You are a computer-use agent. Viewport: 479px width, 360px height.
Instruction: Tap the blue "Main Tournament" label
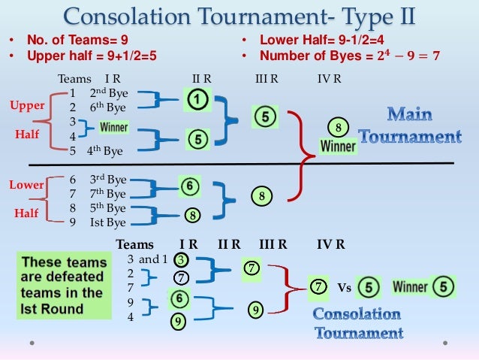[x=409, y=126]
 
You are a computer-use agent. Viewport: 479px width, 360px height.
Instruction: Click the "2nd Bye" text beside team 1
[x=108, y=93]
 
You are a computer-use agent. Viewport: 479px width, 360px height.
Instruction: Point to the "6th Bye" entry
[x=108, y=107]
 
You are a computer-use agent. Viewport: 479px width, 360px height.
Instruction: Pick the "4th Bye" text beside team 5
[x=103, y=150]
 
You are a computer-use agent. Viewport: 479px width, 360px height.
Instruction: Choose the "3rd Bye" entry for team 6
[x=107, y=180]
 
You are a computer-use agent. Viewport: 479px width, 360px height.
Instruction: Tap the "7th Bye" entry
[x=107, y=194]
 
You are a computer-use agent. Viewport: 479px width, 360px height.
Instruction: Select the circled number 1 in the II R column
[x=197, y=98]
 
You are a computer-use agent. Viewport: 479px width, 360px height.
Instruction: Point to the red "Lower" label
[x=26, y=184]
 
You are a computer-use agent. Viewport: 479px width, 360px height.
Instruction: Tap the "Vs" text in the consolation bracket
[x=345, y=287]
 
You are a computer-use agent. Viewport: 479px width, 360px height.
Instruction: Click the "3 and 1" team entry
[x=143, y=259]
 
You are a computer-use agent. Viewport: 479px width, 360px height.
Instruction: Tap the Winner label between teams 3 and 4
[x=113, y=128]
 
